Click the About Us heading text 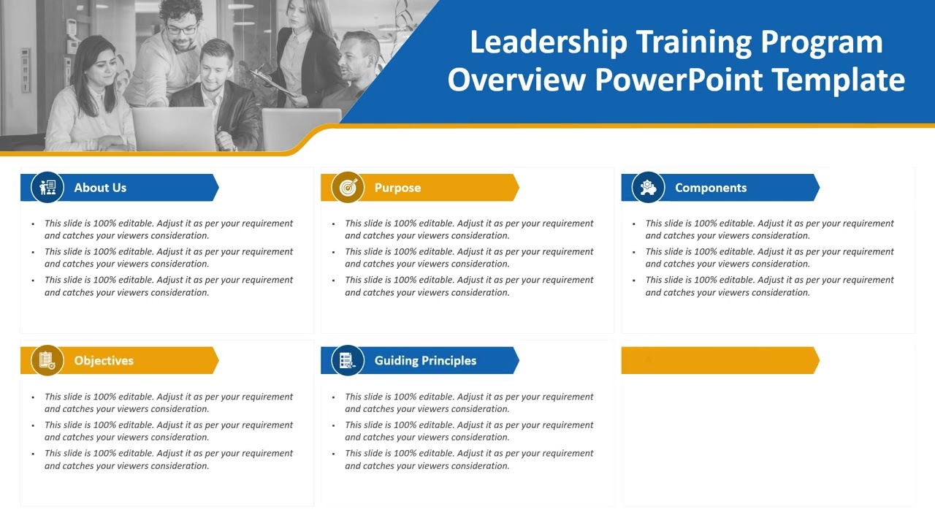[x=100, y=188]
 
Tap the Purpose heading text [x=397, y=188]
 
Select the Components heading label [x=711, y=188]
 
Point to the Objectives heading [x=104, y=361]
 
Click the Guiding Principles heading [x=425, y=361]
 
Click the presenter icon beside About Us [x=47, y=188]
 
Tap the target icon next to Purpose [x=348, y=188]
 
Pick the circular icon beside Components [x=648, y=188]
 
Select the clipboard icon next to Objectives [x=47, y=361]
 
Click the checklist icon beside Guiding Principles [x=348, y=361]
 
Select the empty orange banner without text [x=720, y=361]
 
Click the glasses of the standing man [x=181, y=30]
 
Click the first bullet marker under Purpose [x=334, y=224]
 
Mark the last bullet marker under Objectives [x=34, y=454]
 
